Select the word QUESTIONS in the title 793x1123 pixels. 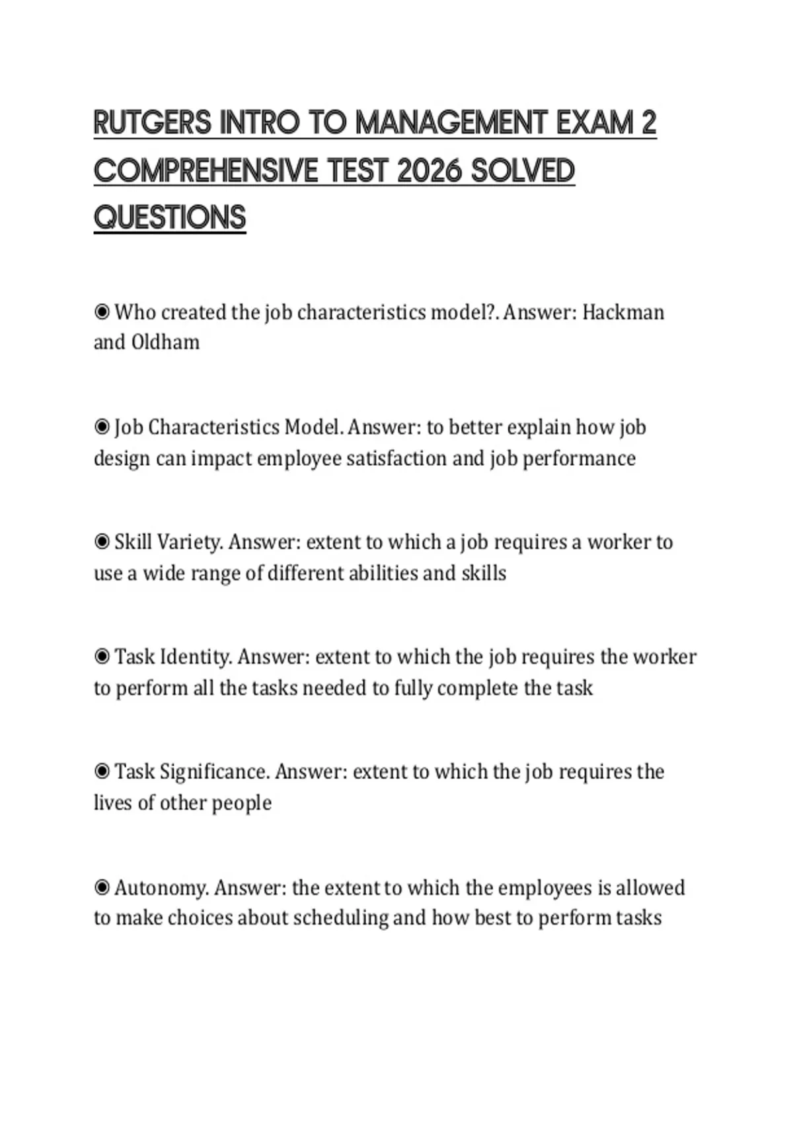point(170,218)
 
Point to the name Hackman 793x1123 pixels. point(623,312)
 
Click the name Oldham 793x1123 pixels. point(165,343)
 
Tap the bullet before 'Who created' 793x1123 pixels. point(102,312)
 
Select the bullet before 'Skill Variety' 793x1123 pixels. point(102,542)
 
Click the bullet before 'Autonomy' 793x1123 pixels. point(102,887)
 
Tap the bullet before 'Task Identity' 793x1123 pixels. point(102,657)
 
